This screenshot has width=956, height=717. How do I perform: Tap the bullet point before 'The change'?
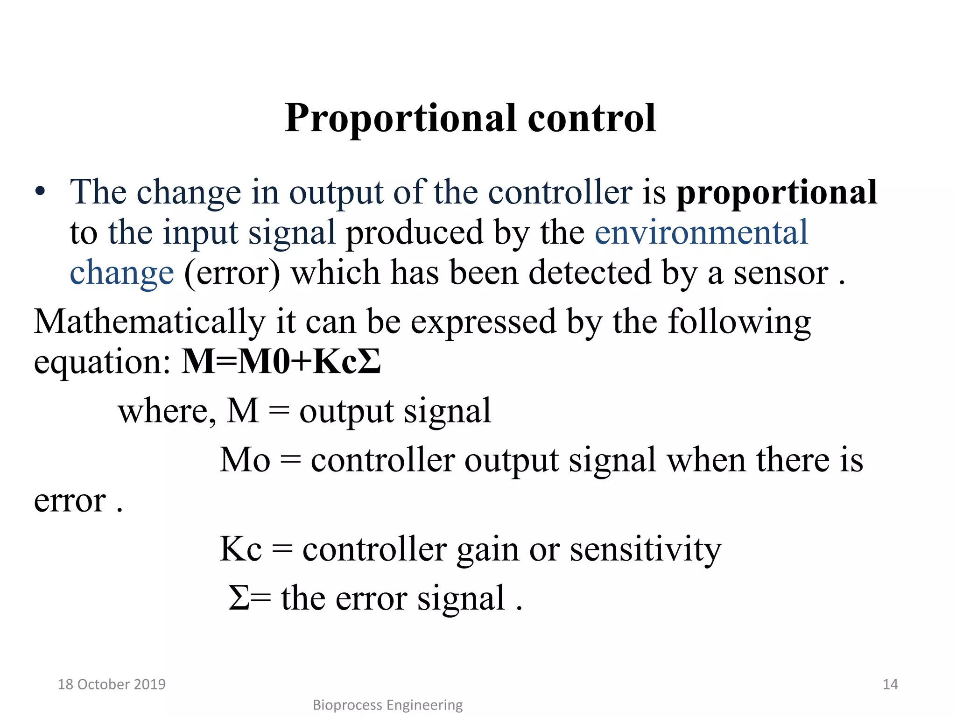coord(40,192)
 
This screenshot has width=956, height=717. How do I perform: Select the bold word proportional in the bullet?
coord(777,193)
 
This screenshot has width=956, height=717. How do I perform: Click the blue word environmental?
coord(701,232)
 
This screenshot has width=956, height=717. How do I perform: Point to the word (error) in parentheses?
coord(232,273)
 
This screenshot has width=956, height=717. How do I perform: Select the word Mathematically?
coord(149,322)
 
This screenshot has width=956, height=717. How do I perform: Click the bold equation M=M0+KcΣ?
coord(281,362)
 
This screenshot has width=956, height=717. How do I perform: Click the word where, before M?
coord(167,411)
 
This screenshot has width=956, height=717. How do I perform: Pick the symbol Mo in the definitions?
coord(245,460)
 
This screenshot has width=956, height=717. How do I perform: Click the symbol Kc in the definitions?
coord(240,549)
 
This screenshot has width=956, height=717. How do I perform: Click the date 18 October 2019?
coord(112,684)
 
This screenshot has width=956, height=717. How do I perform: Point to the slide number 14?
coord(890,684)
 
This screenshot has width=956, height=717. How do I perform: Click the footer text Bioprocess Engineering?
coord(387,705)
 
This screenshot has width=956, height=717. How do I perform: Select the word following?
coord(739,322)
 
